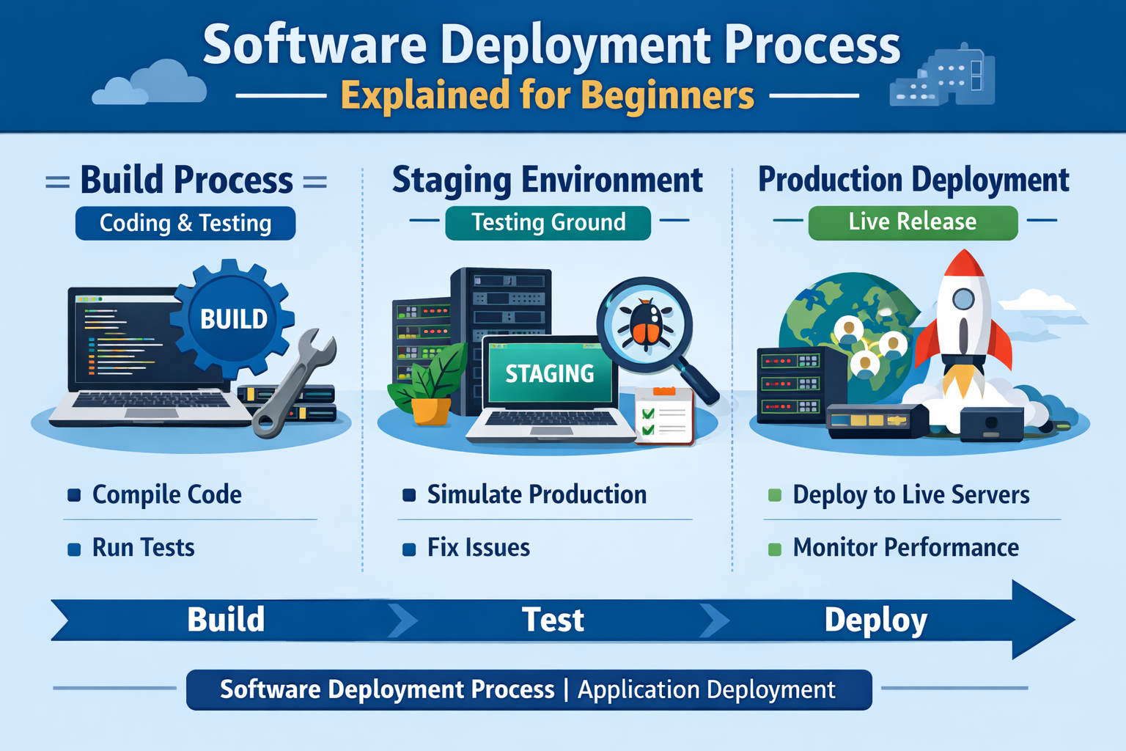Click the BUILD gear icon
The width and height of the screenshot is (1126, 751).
pos(233,318)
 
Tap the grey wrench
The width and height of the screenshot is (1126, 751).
pos(293,385)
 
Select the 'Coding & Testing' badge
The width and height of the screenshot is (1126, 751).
pos(185,223)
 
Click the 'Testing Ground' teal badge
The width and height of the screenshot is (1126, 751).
pos(548,222)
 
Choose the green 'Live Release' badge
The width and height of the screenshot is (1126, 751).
pos(913,221)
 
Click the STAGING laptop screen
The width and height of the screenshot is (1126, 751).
pos(550,373)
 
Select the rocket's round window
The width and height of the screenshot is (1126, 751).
pos(963,298)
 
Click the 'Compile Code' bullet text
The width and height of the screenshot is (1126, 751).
pos(167,494)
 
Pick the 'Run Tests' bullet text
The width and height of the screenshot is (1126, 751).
pos(144,548)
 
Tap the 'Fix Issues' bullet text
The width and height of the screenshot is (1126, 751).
pos(479,548)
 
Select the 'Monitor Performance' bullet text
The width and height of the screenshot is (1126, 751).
pos(906,548)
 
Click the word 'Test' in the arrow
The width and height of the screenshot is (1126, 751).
pos(553,620)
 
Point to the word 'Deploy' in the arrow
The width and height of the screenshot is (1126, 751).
pos(876,620)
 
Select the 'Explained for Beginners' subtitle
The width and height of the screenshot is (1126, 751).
pos(548,95)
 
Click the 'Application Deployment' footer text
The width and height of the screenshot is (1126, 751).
pos(706,690)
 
